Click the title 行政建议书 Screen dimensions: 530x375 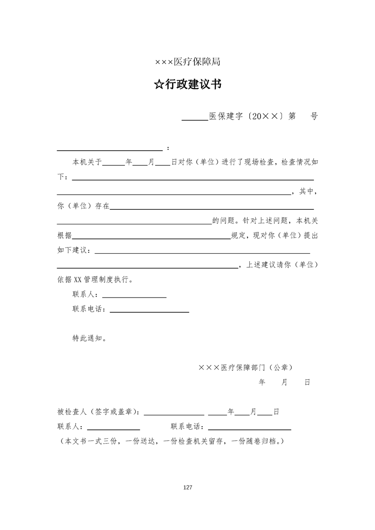pos(193,85)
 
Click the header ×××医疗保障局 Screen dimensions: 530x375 pos(187,62)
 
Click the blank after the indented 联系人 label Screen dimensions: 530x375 pos(134,296)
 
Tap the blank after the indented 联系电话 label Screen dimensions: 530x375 pos(149,311)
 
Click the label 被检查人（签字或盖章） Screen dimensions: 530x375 pos(98,412)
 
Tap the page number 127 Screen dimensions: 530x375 pos(187,487)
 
